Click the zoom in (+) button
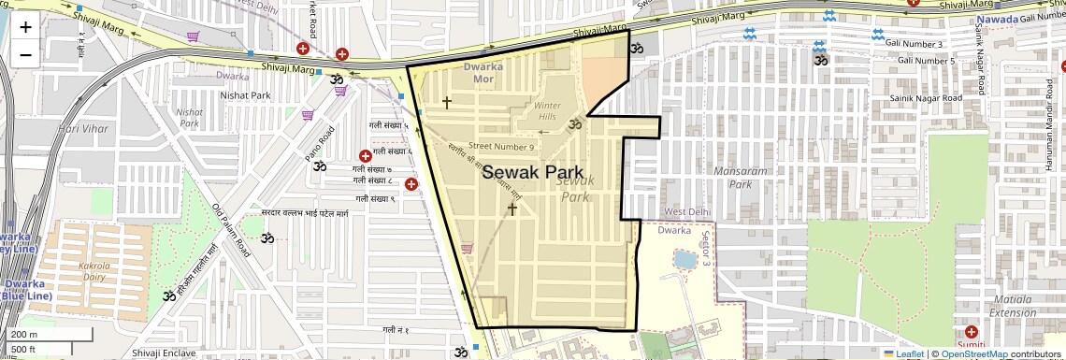coord(25,26)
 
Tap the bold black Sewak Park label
coord(533,173)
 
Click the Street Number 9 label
coord(501,146)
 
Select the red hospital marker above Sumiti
coord(971,332)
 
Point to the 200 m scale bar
coord(27,335)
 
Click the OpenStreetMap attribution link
coord(974,353)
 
